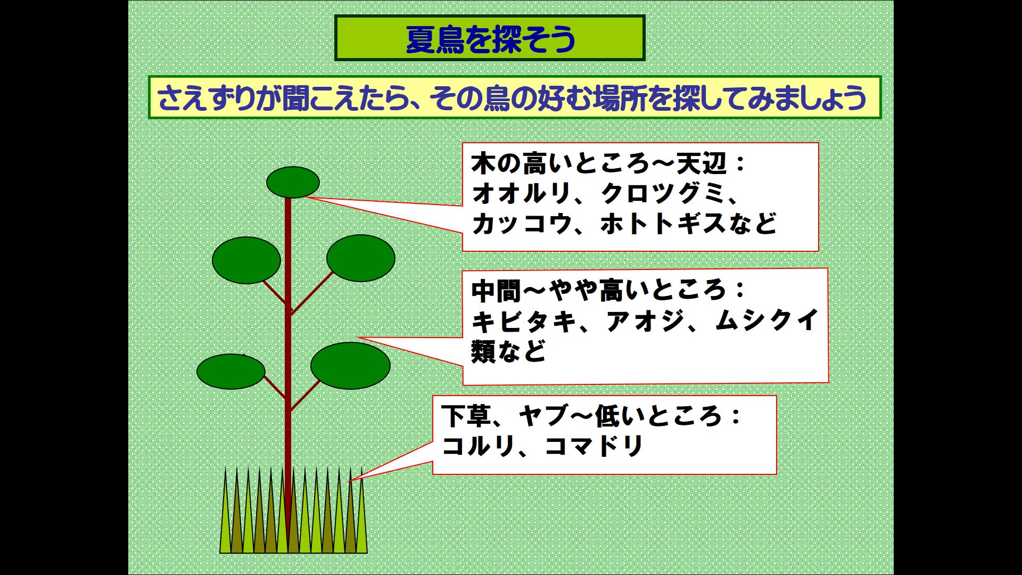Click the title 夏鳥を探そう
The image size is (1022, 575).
pos(490,39)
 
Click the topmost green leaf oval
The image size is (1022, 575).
pos(293,182)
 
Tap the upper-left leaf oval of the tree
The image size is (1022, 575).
pos(246,260)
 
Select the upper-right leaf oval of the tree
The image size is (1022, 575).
pos(361,258)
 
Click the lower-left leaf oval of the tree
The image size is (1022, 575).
pos(231,372)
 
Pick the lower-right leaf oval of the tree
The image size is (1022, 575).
pos(350,366)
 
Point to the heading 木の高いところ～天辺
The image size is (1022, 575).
pos(599,164)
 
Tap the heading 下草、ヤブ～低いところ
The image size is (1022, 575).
pos(582,416)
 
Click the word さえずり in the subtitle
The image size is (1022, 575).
pos(206,98)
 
